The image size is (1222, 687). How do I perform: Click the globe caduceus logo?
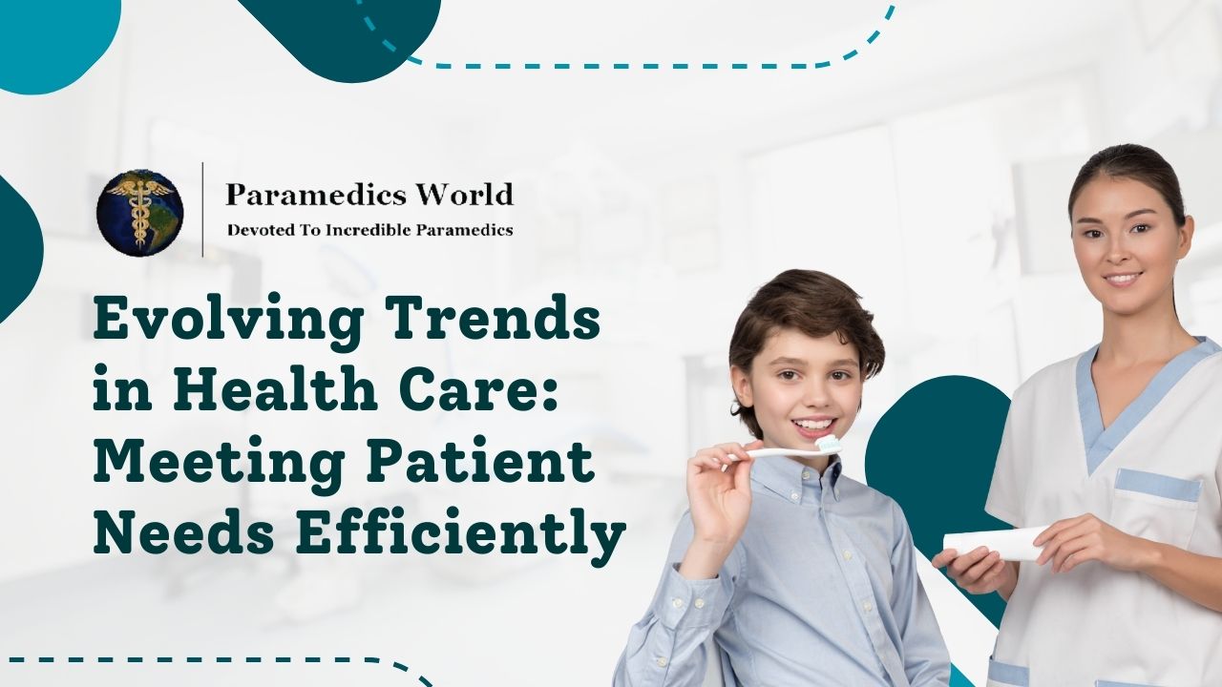click(139, 212)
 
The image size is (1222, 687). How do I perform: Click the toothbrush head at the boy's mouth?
click(827, 444)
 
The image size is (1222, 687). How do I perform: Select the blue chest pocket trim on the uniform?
click(1158, 484)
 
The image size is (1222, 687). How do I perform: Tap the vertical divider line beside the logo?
click(202, 210)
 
